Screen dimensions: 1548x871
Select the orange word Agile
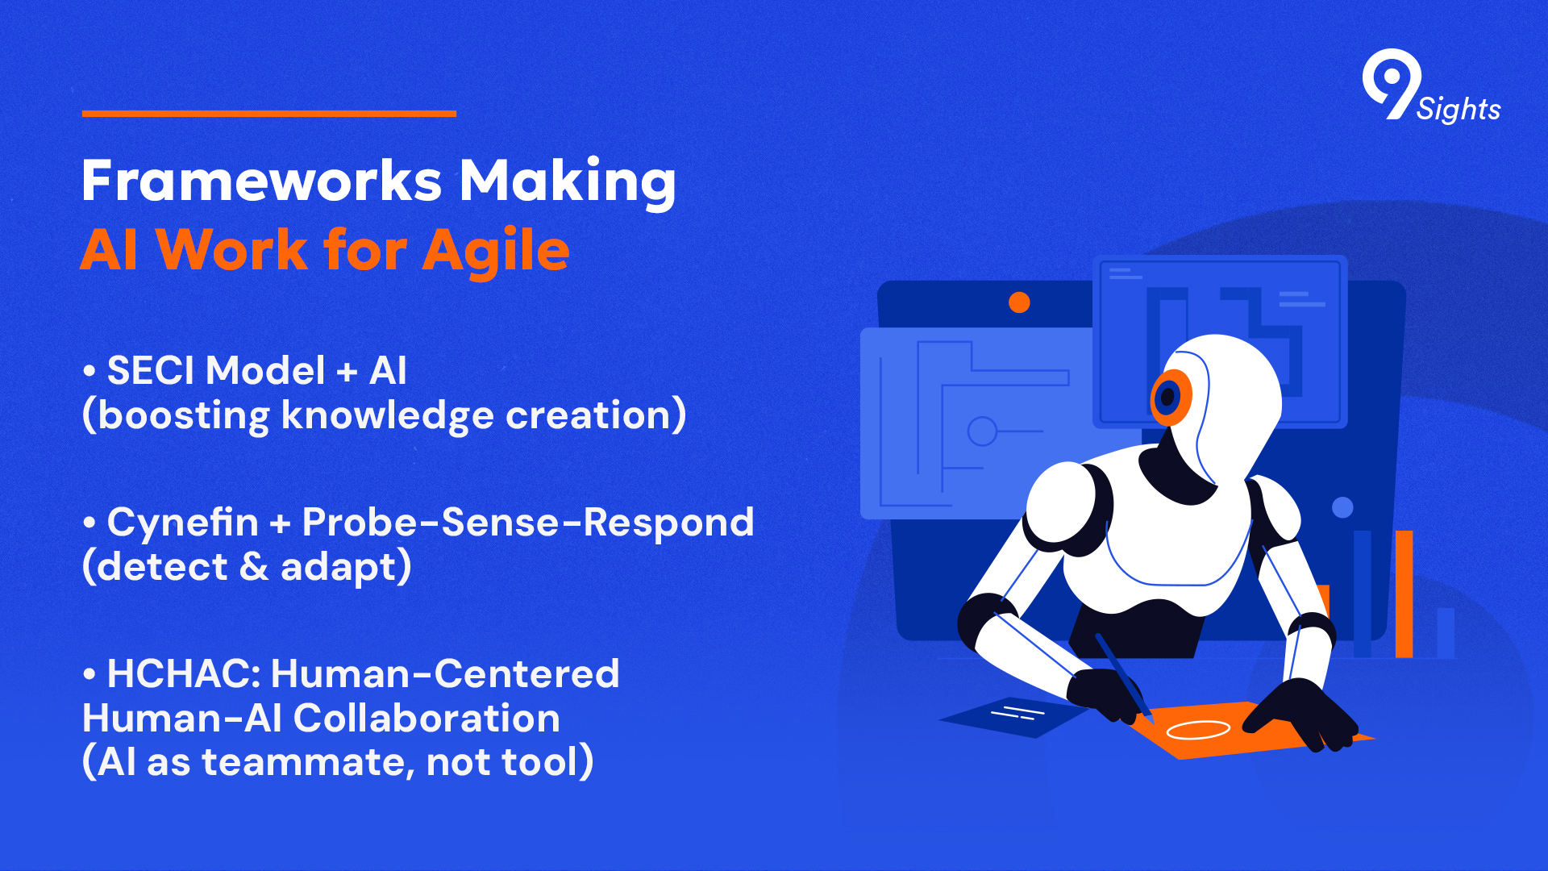click(496, 251)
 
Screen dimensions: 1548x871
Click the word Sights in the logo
click(1459, 109)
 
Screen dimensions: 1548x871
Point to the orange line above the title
click(269, 114)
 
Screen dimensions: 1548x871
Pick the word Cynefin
click(182, 523)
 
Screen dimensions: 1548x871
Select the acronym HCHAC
click(183, 674)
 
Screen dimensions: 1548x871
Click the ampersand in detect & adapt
click(254, 567)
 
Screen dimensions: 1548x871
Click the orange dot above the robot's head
click(1019, 302)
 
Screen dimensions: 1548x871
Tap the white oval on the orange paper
click(1198, 730)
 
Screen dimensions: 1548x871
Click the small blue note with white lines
click(1014, 717)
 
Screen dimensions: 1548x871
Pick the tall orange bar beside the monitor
click(1404, 594)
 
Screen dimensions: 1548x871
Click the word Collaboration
click(426, 719)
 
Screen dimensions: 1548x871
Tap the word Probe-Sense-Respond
click(528, 523)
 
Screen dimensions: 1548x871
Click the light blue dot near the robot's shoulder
click(1342, 507)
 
